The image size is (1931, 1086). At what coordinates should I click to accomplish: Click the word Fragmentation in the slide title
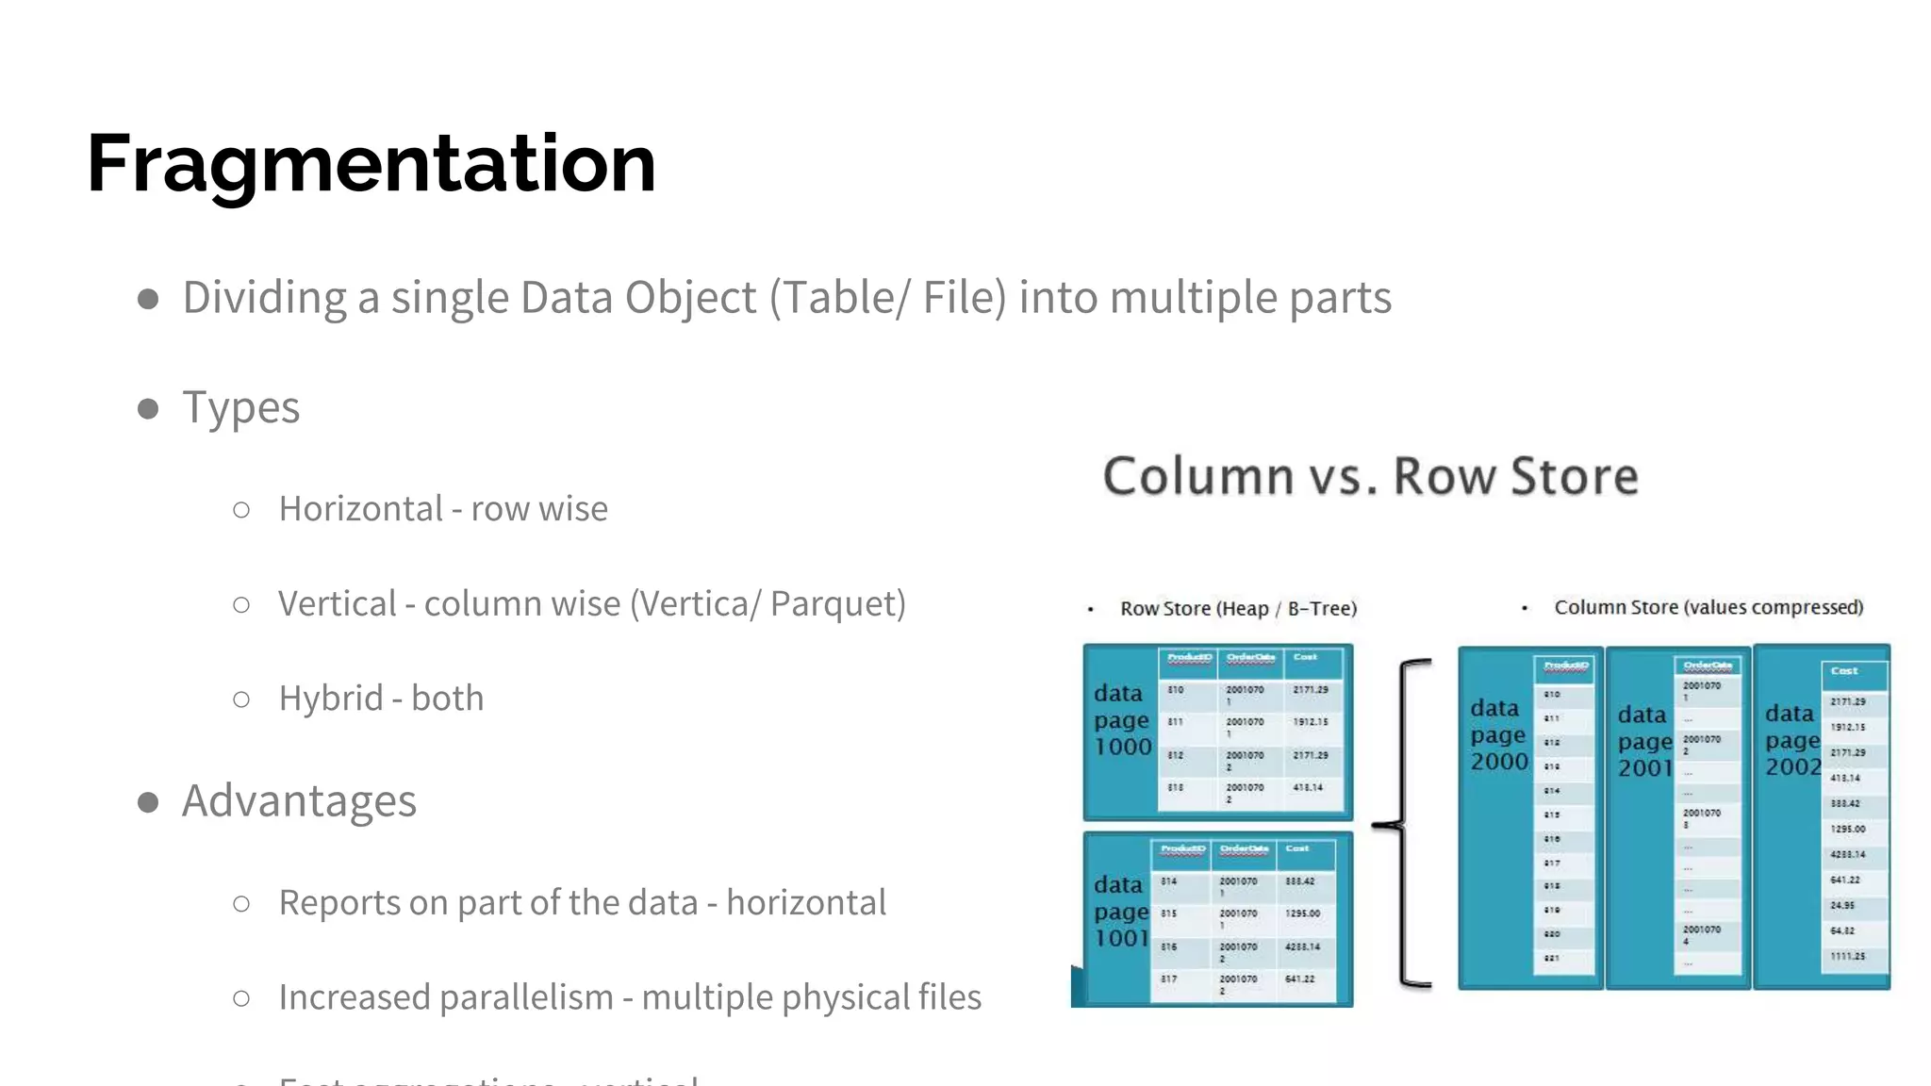(371, 164)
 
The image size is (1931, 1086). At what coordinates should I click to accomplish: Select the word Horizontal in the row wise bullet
(360, 509)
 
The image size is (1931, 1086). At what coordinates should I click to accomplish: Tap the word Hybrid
(330, 699)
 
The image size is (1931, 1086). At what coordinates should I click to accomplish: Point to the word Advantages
(299, 801)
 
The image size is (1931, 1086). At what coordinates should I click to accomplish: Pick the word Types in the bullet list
(241, 407)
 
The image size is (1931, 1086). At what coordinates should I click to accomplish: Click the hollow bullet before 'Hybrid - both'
(241, 699)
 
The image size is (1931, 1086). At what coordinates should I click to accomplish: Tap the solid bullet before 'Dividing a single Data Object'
(148, 300)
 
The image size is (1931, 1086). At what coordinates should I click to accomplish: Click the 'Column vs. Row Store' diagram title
(1370, 476)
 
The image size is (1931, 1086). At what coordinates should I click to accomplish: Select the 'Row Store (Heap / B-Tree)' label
(1238, 609)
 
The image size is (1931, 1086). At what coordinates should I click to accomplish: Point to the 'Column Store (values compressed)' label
(1708, 608)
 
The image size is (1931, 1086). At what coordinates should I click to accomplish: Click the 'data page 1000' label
(1122, 720)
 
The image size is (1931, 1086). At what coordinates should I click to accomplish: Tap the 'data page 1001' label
(1121, 912)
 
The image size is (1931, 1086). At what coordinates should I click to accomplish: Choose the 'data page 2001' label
(1644, 742)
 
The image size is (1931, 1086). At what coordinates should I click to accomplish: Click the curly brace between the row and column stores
(1404, 824)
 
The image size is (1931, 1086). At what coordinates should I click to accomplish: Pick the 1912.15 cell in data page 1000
(1311, 722)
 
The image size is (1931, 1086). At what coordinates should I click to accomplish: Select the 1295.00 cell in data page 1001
(1302, 913)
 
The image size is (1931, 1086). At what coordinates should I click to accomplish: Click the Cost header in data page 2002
(1844, 671)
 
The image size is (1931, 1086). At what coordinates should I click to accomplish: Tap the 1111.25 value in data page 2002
(1847, 957)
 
